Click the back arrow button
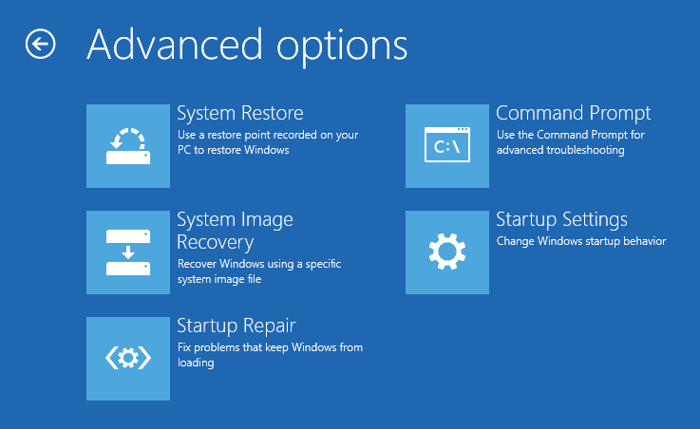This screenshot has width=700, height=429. [40, 44]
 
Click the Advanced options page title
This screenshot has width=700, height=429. [247, 46]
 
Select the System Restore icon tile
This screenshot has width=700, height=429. [128, 146]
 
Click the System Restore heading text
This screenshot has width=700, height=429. [240, 113]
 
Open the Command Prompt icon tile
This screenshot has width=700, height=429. [446, 146]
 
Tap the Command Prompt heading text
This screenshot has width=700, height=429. [574, 114]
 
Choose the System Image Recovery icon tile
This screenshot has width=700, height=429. [128, 252]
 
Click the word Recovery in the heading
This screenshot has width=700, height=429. [216, 243]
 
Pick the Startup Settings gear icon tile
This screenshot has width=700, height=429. [446, 252]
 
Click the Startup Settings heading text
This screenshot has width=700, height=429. [561, 220]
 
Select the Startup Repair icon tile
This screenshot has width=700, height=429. [128, 359]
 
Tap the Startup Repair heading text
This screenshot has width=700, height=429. [236, 326]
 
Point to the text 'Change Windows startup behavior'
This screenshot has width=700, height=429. [581, 241]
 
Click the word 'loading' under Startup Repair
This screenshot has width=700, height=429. [196, 363]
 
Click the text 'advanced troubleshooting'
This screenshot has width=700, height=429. [560, 150]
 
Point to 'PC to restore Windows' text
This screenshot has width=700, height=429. [234, 150]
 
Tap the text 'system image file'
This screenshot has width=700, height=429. [219, 279]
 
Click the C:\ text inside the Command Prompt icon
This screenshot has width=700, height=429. [446, 146]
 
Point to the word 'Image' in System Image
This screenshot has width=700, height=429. [267, 220]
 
